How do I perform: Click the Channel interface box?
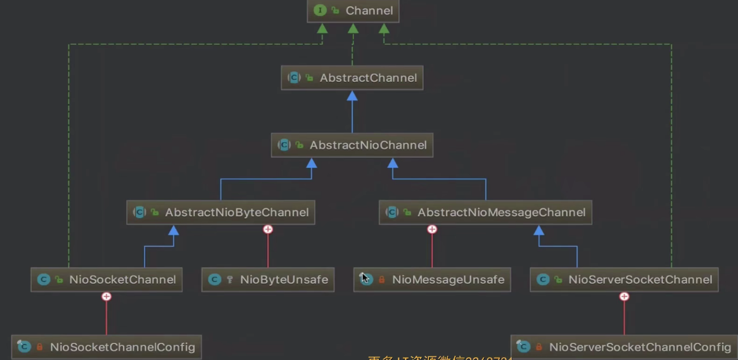pos(353,11)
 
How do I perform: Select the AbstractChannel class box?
pos(352,78)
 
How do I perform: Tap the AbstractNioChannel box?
pos(352,145)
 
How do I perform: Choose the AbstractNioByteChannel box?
pos(220,212)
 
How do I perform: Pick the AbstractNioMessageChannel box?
pos(485,212)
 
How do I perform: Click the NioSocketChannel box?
pos(106,280)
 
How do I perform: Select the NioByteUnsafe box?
pos(268,280)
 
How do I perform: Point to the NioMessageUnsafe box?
pos(432,280)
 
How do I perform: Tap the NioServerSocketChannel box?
pos(624,280)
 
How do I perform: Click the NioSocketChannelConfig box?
pos(106,347)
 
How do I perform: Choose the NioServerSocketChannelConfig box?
pos(624,347)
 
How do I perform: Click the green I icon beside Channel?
pos(320,11)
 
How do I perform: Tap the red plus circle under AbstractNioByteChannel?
pos(268,229)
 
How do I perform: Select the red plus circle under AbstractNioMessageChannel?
pos(432,229)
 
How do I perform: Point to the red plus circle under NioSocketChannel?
pos(106,297)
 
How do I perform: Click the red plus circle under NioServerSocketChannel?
pos(624,297)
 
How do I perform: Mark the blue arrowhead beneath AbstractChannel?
pos(352,96)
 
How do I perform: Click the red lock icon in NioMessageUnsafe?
pos(381,280)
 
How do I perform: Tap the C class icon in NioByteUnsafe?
pos(215,280)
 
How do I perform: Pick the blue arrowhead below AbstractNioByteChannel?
pos(174,230)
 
